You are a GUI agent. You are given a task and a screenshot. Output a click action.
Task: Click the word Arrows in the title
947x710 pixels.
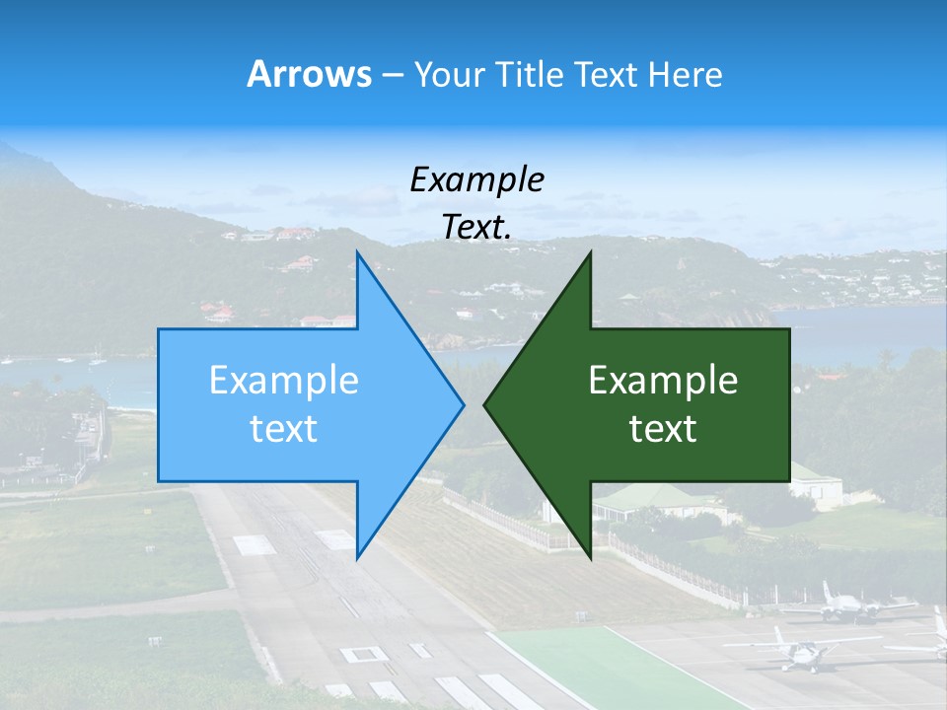point(310,75)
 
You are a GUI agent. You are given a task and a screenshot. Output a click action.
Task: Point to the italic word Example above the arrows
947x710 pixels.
point(476,179)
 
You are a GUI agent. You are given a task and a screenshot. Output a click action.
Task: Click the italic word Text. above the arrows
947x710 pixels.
point(476,228)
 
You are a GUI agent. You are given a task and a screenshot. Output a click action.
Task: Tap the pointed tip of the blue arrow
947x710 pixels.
point(463,404)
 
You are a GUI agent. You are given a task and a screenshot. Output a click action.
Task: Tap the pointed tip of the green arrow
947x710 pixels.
point(485,404)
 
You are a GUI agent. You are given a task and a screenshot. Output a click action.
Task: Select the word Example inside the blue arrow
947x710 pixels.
point(284,381)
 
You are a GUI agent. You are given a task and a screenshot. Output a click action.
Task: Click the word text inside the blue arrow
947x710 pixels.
point(284,429)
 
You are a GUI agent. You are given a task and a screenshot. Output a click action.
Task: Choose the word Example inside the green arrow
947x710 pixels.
point(663,381)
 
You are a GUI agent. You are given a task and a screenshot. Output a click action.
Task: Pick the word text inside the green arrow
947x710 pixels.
point(663,429)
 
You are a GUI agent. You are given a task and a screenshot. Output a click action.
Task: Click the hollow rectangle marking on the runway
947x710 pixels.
point(363,653)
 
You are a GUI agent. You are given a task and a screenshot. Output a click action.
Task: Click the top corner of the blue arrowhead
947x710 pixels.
point(357,252)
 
